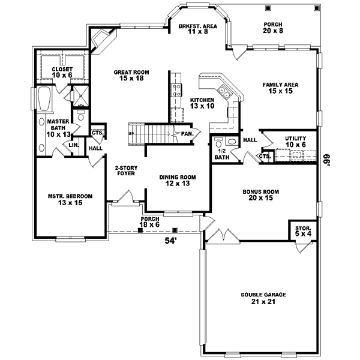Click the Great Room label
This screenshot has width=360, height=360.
(x=131, y=75)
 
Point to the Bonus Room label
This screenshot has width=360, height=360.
(x=260, y=195)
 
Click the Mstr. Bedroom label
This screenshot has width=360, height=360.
(x=70, y=200)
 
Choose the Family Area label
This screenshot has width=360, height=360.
(x=277, y=88)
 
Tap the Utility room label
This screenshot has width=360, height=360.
(x=295, y=142)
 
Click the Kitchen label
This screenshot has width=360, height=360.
(x=202, y=103)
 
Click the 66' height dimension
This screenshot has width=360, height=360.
(x=328, y=162)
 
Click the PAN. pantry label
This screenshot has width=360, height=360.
(x=187, y=133)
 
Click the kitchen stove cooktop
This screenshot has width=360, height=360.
(x=177, y=91)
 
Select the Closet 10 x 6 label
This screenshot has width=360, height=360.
(x=62, y=72)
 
